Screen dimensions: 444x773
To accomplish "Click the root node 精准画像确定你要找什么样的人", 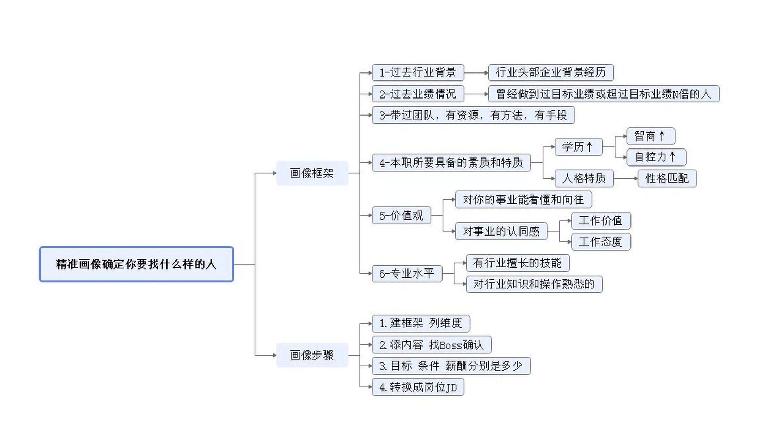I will coord(136,264).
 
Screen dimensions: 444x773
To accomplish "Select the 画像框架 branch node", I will coord(312,173).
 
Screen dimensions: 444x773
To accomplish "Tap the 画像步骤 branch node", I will coord(312,355).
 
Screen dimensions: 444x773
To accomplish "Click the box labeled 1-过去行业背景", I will coord(418,72).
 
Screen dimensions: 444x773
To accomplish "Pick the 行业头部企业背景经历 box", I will coord(550,72).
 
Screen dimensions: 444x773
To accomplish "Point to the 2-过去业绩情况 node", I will coord(418,94).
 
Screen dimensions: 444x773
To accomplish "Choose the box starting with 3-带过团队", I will coord(473,115).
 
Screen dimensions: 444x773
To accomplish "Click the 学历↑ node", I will coord(578,147).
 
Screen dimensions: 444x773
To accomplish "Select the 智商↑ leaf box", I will coord(650,136).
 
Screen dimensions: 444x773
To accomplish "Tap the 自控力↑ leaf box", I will coord(656,157).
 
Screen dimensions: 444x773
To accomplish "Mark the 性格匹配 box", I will coord(667,179).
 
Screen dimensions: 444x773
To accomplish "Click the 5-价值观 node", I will coord(401,215).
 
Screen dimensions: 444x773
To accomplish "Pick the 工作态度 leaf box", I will coord(600,242).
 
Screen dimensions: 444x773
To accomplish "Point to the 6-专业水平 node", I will coord(407,273).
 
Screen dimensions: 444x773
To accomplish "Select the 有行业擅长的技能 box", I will coord(517,263).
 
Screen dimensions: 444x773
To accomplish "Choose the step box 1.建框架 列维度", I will coord(421,323).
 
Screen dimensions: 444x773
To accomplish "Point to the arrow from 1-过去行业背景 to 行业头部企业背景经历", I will coord(476,73).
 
